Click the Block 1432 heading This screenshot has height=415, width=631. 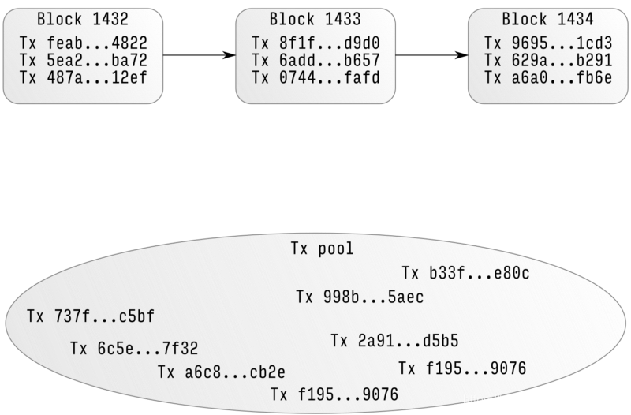click(x=82, y=19)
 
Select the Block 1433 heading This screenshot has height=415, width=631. click(x=315, y=19)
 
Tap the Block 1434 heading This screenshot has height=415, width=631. click(x=548, y=19)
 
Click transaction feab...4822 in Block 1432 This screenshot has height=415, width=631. click(x=83, y=43)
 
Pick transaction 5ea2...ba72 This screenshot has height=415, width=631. click(x=83, y=61)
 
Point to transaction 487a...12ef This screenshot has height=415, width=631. click(x=83, y=78)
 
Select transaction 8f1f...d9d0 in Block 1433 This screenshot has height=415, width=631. click(x=315, y=43)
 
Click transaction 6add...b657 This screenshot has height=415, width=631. click(x=315, y=61)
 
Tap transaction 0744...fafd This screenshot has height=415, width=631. click(x=315, y=78)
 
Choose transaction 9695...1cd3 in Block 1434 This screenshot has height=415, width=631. click(x=548, y=43)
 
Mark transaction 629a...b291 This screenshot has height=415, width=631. click(x=548, y=61)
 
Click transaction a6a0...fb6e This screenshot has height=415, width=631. click(x=548, y=78)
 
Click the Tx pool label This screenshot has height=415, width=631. click(x=323, y=250)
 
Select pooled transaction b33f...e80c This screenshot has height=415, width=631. click(x=465, y=274)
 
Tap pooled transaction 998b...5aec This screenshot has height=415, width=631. click(x=360, y=297)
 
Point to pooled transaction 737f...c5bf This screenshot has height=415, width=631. click(x=91, y=317)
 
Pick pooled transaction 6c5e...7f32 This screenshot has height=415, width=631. click(x=134, y=349)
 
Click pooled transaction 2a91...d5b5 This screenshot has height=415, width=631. click(x=394, y=342)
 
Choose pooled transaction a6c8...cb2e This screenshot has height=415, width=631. click(x=222, y=372)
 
